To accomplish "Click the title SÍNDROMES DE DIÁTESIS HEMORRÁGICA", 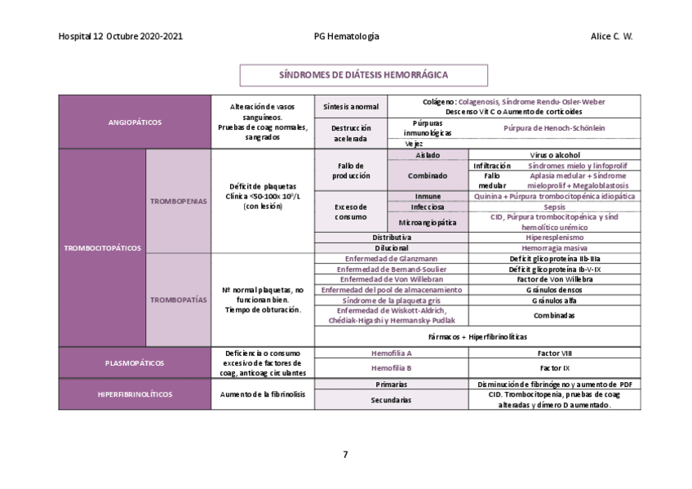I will coord(363,75).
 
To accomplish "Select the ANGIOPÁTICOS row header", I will coord(135,122).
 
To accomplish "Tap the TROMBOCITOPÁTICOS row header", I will coord(102,247).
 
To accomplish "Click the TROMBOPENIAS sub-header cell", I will coord(178,201).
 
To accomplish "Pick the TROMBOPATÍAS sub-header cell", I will coord(178,300).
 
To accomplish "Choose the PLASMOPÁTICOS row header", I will coord(135,362).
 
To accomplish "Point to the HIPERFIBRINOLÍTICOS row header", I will coord(135,393).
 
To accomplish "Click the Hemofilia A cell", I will coord(391,353).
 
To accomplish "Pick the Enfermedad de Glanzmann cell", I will coord(391,258).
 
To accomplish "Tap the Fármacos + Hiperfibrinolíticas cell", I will coord(477,336).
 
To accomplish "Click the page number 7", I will coord(345,454).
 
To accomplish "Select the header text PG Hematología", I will coord(346,37).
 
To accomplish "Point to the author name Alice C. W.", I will coord(611,37).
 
